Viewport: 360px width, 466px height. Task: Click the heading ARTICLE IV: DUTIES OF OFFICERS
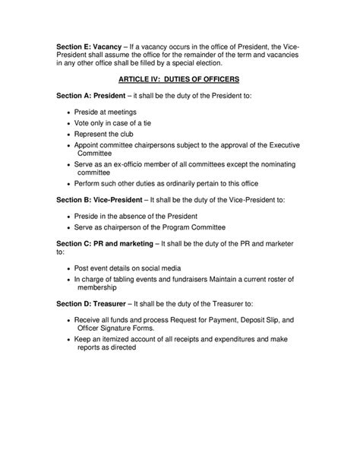pyautogui.click(x=179, y=80)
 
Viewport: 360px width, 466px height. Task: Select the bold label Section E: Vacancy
pyautogui.click(x=89, y=46)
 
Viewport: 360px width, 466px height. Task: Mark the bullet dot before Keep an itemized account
pyautogui.click(x=68, y=339)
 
